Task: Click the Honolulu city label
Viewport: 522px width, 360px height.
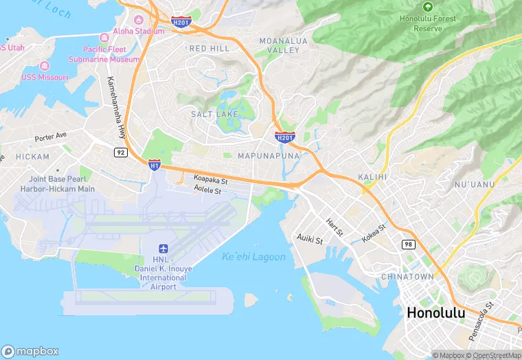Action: coord(435,313)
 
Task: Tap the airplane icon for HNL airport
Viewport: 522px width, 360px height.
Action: coord(163,248)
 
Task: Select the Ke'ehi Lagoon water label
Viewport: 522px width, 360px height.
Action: coord(253,257)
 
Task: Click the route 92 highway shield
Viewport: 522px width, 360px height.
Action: coord(121,152)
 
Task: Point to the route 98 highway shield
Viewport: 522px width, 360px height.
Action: coord(408,245)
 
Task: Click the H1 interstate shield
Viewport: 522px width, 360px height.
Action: coord(155,164)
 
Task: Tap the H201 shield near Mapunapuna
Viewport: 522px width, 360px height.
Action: coord(285,137)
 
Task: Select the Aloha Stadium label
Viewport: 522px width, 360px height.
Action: coord(139,31)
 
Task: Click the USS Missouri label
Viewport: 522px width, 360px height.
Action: coord(45,77)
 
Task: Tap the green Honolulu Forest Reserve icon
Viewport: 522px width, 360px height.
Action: coord(428,6)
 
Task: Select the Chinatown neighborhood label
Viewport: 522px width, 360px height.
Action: coord(408,276)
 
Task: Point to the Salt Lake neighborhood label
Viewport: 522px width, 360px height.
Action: coord(214,113)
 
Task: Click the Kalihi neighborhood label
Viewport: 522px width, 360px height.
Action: coord(373,177)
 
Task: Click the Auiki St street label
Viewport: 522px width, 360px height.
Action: coord(310,239)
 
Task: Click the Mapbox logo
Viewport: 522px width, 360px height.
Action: coord(30,351)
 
